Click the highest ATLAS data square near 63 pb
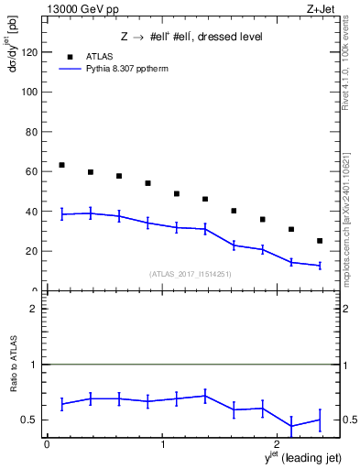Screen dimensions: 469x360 (61, 165)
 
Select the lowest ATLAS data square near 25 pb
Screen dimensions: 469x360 (320, 241)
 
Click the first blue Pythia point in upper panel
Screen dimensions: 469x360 (61, 214)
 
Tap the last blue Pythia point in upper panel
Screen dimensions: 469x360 (320, 266)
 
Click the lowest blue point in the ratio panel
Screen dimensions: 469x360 (291, 426)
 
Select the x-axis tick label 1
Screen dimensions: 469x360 (162, 444)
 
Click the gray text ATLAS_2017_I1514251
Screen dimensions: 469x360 (191, 274)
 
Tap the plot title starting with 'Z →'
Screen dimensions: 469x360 (191, 37)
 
